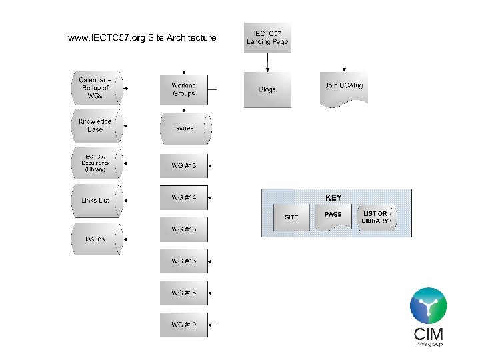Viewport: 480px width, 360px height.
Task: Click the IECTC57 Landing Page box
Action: click(267, 37)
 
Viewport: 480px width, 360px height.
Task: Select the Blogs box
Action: click(267, 89)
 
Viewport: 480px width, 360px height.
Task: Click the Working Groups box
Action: click(184, 89)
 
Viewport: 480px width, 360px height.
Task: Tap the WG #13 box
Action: click(184, 165)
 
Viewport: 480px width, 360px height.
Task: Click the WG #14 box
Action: click(184, 197)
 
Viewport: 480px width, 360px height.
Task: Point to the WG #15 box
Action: click(184, 229)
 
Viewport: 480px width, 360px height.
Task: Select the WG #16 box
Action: click(184, 261)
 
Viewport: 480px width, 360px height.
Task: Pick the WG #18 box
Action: click(184, 293)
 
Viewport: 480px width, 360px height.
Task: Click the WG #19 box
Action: click(184, 325)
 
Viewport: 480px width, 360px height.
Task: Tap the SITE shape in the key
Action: click(292, 217)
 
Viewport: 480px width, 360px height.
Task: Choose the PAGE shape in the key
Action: click(333, 216)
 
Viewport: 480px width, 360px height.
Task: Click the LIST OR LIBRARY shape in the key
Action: click(375, 217)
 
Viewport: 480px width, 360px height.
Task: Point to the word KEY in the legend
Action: click(333, 198)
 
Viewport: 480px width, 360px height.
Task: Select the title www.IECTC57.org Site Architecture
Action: click(142, 37)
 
